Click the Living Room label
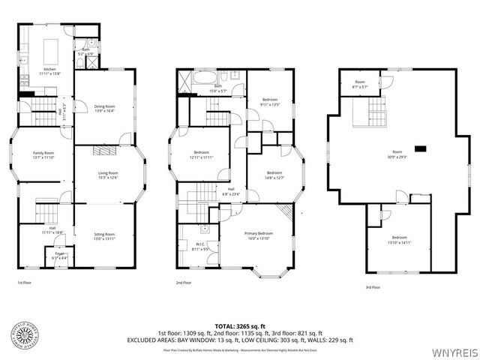pos(108,175)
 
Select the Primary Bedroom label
pos(259,235)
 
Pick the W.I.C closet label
pos(199,247)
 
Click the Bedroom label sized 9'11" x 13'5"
pos(269,102)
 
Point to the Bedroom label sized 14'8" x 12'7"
pos(274,175)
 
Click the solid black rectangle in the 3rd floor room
pos(421,149)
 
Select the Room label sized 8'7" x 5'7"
pos(361,84)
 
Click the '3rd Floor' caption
pos(372,286)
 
